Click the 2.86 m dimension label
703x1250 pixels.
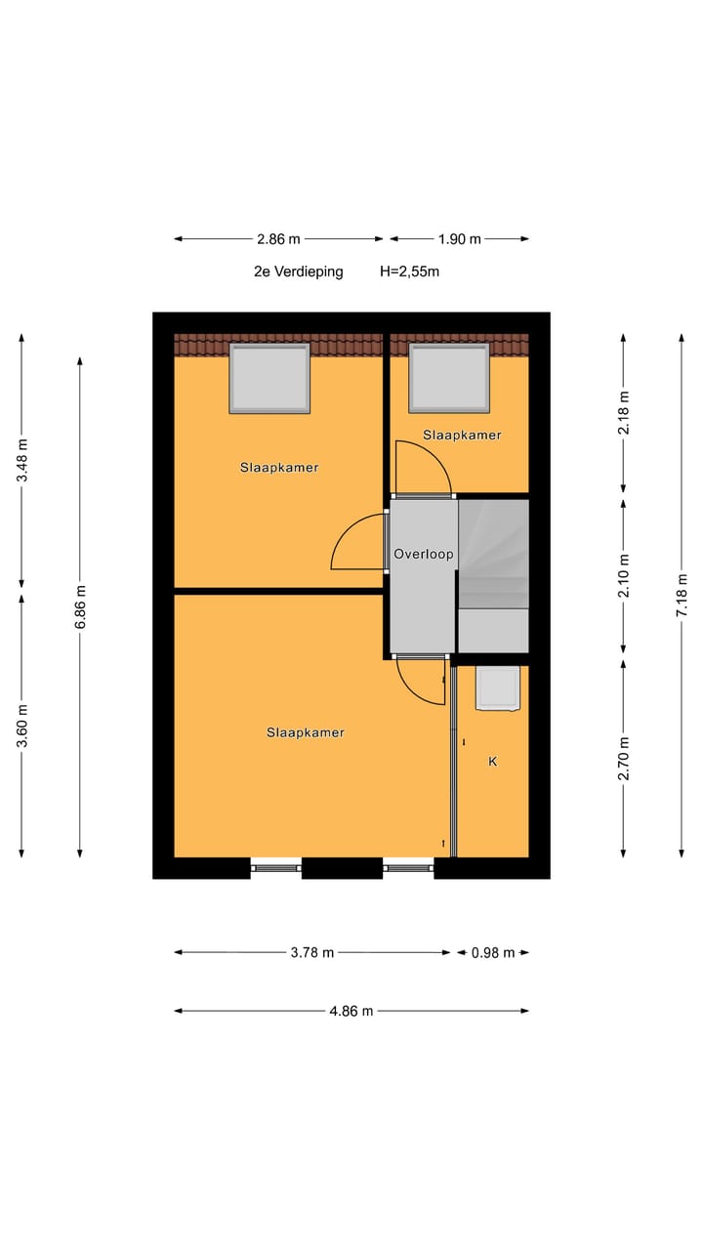pyautogui.click(x=279, y=239)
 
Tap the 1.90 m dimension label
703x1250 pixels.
pyautogui.click(x=459, y=239)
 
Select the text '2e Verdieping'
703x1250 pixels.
pyautogui.click(x=299, y=271)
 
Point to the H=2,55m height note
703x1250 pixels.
pyautogui.click(x=409, y=271)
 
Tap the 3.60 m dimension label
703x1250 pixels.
pyautogui.click(x=22, y=724)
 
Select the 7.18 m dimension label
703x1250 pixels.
pyautogui.click(x=682, y=595)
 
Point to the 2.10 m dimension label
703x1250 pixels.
pyautogui.click(x=624, y=575)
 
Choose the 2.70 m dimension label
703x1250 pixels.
pyautogui.click(x=624, y=757)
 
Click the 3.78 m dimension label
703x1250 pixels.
pyautogui.click(x=313, y=952)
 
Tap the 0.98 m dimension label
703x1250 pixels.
pyautogui.click(x=493, y=952)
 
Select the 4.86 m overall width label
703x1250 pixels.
pyautogui.click(x=351, y=1011)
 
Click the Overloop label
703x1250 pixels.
pyautogui.click(x=423, y=554)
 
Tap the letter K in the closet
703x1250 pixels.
pyautogui.click(x=492, y=761)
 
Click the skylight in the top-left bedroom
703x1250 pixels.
pyautogui.click(x=269, y=378)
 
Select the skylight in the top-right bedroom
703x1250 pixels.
pyautogui.click(x=449, y=378)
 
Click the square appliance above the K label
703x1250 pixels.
pyautogui.click(x=497, y=688)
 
